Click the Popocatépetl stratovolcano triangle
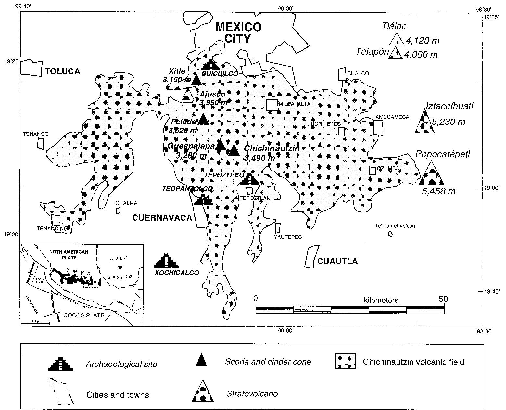click(431, 175)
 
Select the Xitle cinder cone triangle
click(196, 80)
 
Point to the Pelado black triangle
click(203, 120)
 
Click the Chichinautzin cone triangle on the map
click(234, 151)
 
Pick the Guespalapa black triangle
click(220, 145)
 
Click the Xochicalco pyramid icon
click(166, 261)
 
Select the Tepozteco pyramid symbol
click(249, 180)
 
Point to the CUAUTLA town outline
click(310, 256)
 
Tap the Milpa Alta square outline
click(272, 105)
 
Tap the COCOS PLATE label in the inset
click(84, 315)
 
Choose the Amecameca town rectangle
click(378, 127)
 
